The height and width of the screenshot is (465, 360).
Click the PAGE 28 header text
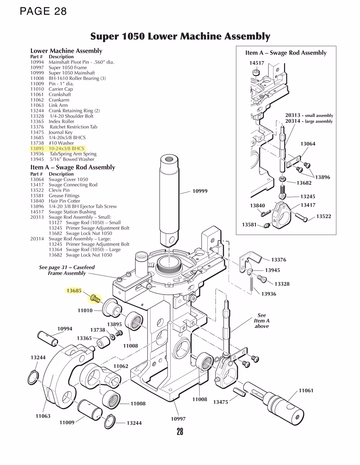[43, 11]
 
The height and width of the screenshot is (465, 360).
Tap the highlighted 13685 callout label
[74, 291]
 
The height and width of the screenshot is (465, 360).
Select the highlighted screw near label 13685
[95, 298]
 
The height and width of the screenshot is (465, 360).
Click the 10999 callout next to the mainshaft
[200, 191]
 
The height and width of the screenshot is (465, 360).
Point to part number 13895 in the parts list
[37, 148]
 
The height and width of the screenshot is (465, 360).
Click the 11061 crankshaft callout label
[306, 390]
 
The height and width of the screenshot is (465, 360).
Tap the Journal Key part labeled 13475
[239, 391]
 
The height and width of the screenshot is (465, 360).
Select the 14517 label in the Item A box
[256, 63]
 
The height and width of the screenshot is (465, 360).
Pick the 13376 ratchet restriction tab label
[278, 260]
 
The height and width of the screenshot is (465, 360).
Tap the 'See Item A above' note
[262, 321]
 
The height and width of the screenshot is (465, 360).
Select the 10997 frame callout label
[178, 419]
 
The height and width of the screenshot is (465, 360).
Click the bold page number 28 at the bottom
[180, 431]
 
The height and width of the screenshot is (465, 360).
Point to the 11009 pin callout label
[67, 422]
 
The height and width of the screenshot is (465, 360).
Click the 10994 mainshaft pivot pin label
[65, 329]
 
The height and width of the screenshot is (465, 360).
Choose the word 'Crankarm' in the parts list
[59, 100]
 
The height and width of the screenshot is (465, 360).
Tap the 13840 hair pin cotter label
[257, 206]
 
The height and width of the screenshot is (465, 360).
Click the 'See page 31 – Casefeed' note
[67, 267]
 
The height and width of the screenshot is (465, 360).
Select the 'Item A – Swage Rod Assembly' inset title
[286, 53]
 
